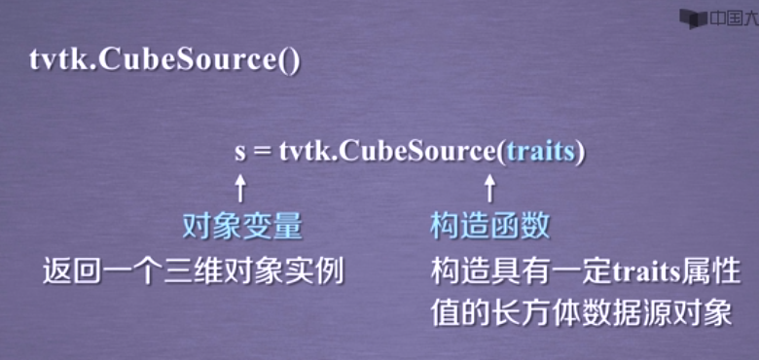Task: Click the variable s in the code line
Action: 240,153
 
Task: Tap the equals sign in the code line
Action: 263,153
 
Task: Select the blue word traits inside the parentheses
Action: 540,153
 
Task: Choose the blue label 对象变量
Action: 242,227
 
